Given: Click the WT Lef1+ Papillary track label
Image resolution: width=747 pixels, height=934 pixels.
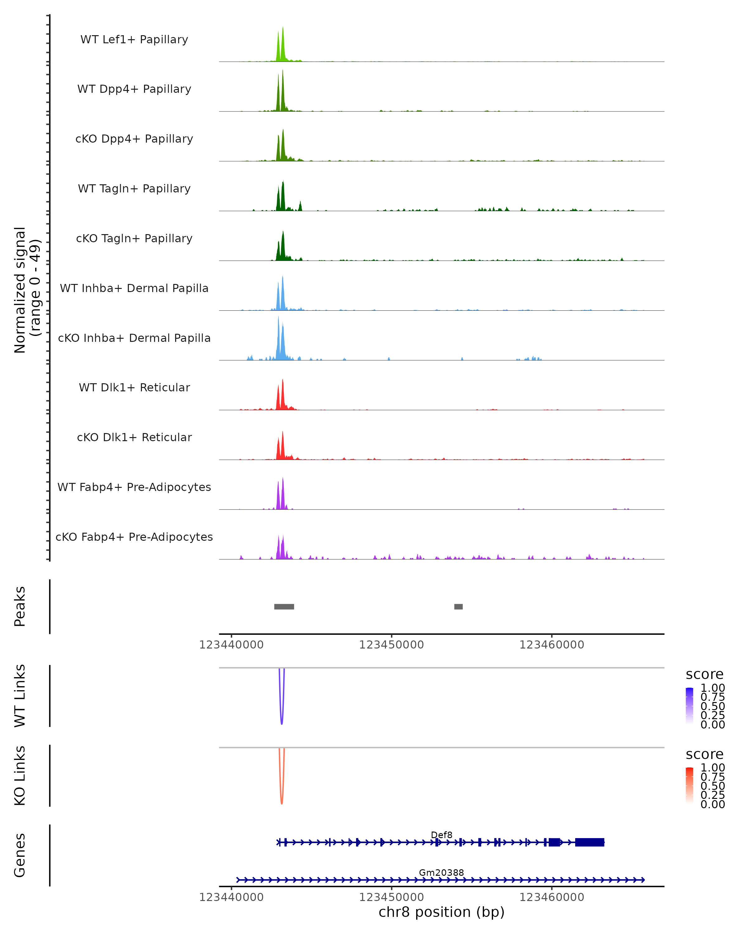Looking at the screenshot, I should point(134,40).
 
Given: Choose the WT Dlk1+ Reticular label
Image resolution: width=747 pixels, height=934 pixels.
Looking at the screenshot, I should point(134,387).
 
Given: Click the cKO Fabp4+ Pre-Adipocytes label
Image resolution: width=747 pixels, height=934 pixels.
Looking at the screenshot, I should point(134,537).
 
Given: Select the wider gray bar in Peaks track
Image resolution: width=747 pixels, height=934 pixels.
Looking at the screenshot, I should point(284,606).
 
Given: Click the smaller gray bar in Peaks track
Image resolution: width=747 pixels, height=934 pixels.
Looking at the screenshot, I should point(458,606).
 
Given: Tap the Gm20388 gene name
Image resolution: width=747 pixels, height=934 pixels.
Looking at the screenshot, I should point(441,872).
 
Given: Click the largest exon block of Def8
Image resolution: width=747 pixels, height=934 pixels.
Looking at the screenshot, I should point(590,842).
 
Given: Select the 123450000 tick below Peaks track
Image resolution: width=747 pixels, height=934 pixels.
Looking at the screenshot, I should point(392,645).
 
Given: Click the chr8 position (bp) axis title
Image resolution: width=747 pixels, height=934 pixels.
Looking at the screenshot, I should point(441,912).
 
